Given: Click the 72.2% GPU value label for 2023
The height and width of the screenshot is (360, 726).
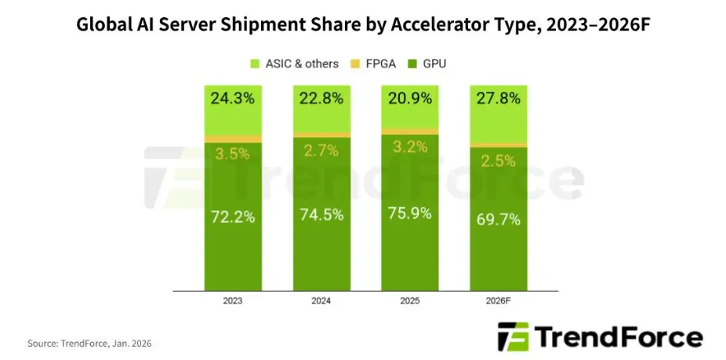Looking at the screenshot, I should pyautogui.click(x=233, y=217).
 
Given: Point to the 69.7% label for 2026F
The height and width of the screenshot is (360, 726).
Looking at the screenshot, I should pyautogui.click(x=498, y=220).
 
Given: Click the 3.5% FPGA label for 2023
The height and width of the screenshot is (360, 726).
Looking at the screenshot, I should pyautogui.click(x=233, y=153).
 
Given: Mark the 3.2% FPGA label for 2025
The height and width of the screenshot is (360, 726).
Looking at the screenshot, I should pyautogui.click(x=410, y=146).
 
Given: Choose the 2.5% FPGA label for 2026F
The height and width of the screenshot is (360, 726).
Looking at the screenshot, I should pyautogui.click(x=498, y=161).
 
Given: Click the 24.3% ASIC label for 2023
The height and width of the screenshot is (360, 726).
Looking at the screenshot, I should pyautogui.click(x=233, y=100).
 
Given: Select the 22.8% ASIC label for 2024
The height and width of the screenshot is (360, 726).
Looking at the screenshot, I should pyautogui.click(x=322, y=100).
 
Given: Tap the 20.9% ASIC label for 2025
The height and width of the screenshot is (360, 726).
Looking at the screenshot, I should pyautogui.click(x=410, y=100).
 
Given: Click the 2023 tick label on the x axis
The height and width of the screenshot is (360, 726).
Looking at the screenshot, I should pyautogui.click(x=233, y=300).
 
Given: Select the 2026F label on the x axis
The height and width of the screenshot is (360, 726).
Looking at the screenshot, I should pyautogui.click(x=498, y=300).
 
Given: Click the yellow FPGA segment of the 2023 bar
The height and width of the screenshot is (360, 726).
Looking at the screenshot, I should pyautogui.click(x=233, y=139).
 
